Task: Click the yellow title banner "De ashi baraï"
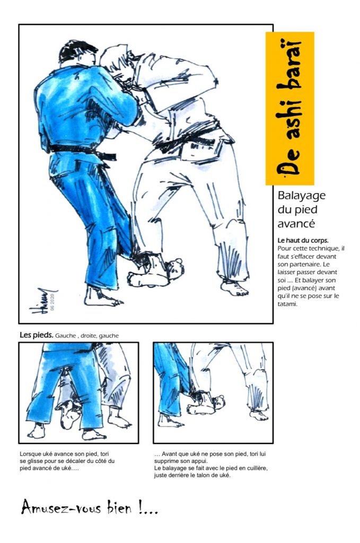[x=289, y=108]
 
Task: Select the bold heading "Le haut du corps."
[x=303, y=240]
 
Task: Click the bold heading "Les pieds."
[x=37, y=335]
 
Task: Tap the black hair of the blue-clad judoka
[x=77, y=51]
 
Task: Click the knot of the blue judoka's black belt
[x=104, y=156]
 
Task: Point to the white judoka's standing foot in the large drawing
[x=234, y=287]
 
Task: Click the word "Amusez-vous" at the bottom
[x=61, y=508]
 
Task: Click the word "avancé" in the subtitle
[x=296, y=224]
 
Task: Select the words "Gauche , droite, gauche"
[x=87, y=336]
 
